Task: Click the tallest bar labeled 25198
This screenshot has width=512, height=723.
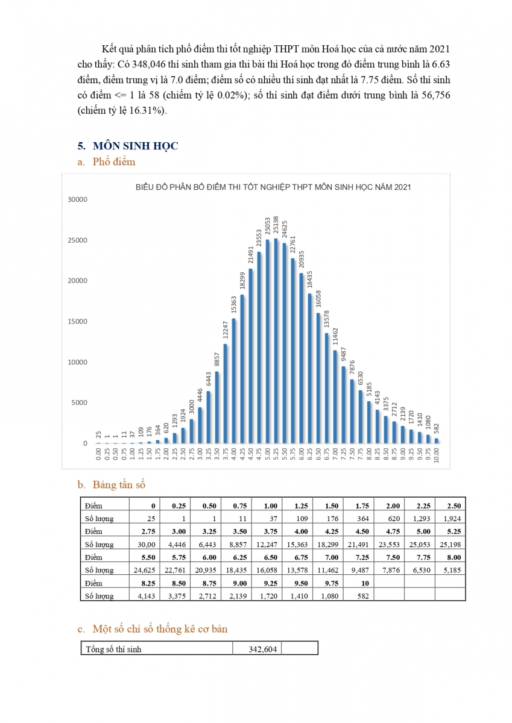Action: [276, 340]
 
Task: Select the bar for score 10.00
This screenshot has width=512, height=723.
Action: [437, 440]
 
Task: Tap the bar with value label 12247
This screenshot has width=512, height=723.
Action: [225, 393]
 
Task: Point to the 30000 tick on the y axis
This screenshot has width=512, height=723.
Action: [77, 199]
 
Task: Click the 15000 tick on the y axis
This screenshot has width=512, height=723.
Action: [77, 322]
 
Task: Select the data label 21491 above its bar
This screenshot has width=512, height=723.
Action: [251, 255]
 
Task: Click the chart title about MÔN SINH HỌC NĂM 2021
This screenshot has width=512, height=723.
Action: [273, 187]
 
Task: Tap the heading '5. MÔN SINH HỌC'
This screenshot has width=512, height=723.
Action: [128, 146]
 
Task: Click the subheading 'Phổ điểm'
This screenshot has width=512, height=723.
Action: [114, 161]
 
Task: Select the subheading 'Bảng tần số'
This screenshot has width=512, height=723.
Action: [119, 485]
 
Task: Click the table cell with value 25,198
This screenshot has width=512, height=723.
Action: [450, 545]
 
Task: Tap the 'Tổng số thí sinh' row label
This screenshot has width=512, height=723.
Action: [113, 649]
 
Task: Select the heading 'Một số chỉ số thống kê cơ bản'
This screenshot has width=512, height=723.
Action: [160, 629]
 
